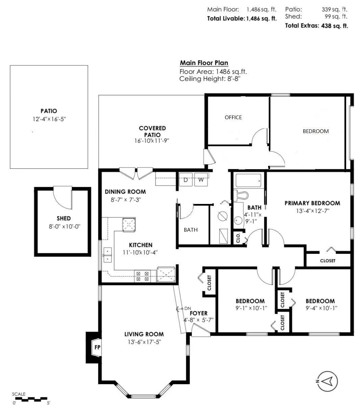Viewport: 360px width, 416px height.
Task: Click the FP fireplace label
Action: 97,347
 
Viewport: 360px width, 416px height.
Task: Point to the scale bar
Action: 31,399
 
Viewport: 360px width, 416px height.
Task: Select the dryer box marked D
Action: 186,180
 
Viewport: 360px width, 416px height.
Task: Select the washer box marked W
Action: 201,180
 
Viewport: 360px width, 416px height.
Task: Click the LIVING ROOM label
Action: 144,334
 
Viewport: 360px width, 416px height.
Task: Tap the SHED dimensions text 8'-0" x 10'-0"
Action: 64,227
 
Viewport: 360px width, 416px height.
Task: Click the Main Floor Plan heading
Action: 204,63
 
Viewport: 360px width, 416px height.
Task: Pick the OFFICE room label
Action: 233,117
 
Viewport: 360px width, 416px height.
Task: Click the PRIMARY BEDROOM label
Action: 312,203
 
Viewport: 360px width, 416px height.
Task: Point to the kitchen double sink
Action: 108,255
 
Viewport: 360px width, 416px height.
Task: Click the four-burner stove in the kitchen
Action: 142,276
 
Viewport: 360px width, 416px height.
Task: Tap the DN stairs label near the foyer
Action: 188,308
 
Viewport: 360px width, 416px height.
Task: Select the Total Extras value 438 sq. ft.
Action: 333,26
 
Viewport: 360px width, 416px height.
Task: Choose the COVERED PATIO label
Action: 152,131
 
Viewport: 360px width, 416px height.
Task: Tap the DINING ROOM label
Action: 125,191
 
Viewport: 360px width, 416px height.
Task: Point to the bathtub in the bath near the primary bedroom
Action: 248,181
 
